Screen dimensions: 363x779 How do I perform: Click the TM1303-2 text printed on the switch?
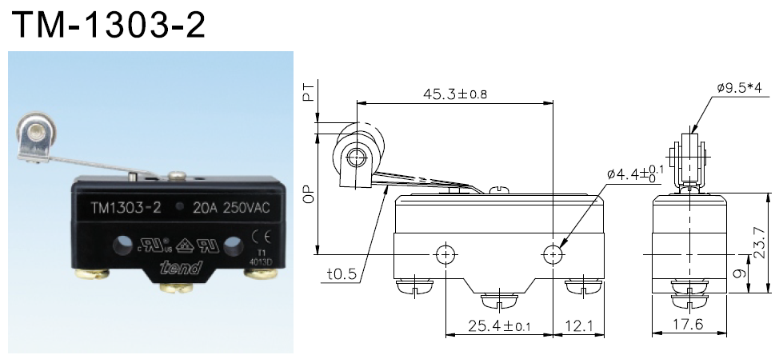126,209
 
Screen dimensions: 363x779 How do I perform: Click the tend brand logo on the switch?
180,269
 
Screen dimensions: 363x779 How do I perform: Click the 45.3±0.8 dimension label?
453,94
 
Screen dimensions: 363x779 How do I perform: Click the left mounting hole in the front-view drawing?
445,254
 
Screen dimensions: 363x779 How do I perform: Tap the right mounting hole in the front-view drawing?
553,254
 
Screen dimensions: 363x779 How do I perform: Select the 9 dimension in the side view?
741,272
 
